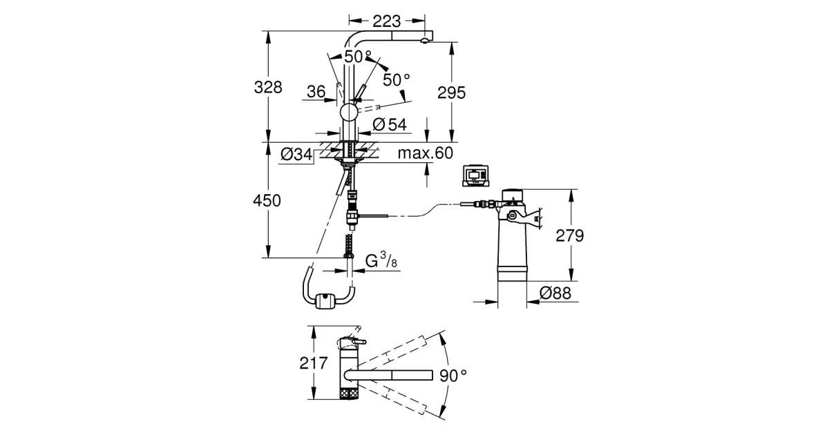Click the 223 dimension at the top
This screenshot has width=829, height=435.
coord(386,21)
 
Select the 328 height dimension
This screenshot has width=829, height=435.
coord(268,88)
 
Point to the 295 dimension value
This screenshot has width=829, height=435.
coord(451,93)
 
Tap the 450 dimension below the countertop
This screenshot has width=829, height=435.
coord(267,200)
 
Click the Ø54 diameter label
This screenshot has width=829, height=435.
coord(390,125)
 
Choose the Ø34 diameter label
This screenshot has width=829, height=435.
coord(297,154)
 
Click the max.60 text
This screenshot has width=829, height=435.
coord(426,153)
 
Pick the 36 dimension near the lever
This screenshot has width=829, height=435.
coord(316,92)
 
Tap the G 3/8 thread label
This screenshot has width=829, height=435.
coord(381,260)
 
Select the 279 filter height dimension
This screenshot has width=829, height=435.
coord(569,235)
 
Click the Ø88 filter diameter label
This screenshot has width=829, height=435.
coord(555,293)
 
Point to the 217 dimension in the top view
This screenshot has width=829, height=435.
coord(314,363)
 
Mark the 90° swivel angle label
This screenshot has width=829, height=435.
coord(453,376)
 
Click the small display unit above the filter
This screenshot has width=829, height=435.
coord(475,176)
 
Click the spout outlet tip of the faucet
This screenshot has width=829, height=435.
coord(425,41)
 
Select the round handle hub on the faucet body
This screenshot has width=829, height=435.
coord(348,112)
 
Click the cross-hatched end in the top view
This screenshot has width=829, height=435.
coord(349,392)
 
